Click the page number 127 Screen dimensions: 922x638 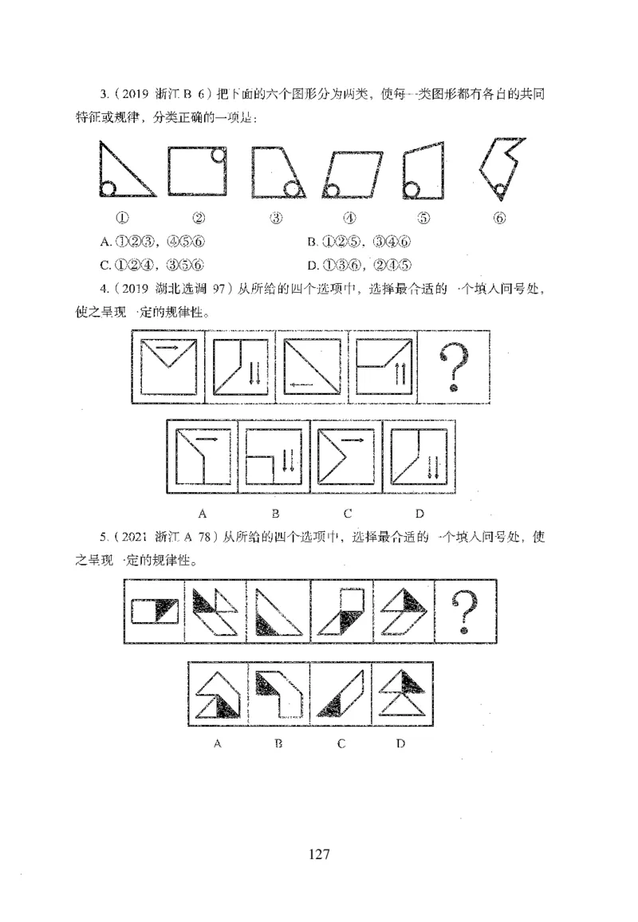point(318,854)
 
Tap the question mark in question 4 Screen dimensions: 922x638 point(454,368)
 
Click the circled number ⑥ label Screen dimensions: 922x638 point(500,218)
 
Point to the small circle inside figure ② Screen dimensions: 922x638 point(218,155)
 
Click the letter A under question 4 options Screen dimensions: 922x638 point(203,512)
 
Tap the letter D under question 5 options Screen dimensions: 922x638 point(400,743)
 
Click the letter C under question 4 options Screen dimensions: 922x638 point(347,512)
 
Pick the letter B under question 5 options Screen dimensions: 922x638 point(278,743)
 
